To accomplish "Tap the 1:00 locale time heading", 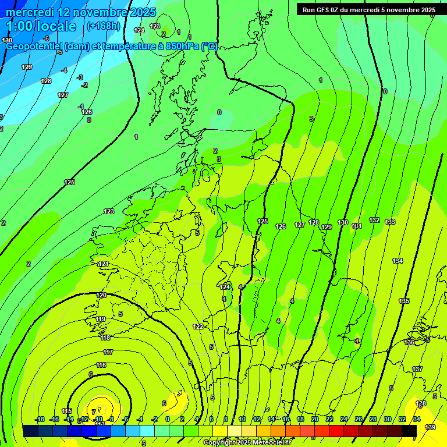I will coord(41,26).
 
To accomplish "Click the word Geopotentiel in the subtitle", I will coord(34,47).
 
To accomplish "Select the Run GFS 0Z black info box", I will coord(367,9).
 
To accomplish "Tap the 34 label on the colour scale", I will coord(417,419).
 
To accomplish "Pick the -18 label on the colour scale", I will coord(40,419).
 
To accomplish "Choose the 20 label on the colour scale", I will coord(315,419).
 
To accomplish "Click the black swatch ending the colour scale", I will coord(409,431).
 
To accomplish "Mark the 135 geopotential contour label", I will coord(404,301).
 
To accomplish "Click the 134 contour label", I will coord(398,261).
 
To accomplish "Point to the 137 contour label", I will coord(417,370).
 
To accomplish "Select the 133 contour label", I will coord(390,222).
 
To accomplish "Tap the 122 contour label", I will coord(198,327).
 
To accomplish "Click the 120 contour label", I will coord(101,296).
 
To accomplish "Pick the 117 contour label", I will coord(108,352).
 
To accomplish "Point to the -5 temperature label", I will coord(59,52).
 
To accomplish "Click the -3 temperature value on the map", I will coord(80,77).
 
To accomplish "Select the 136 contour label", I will coord(410,342).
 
